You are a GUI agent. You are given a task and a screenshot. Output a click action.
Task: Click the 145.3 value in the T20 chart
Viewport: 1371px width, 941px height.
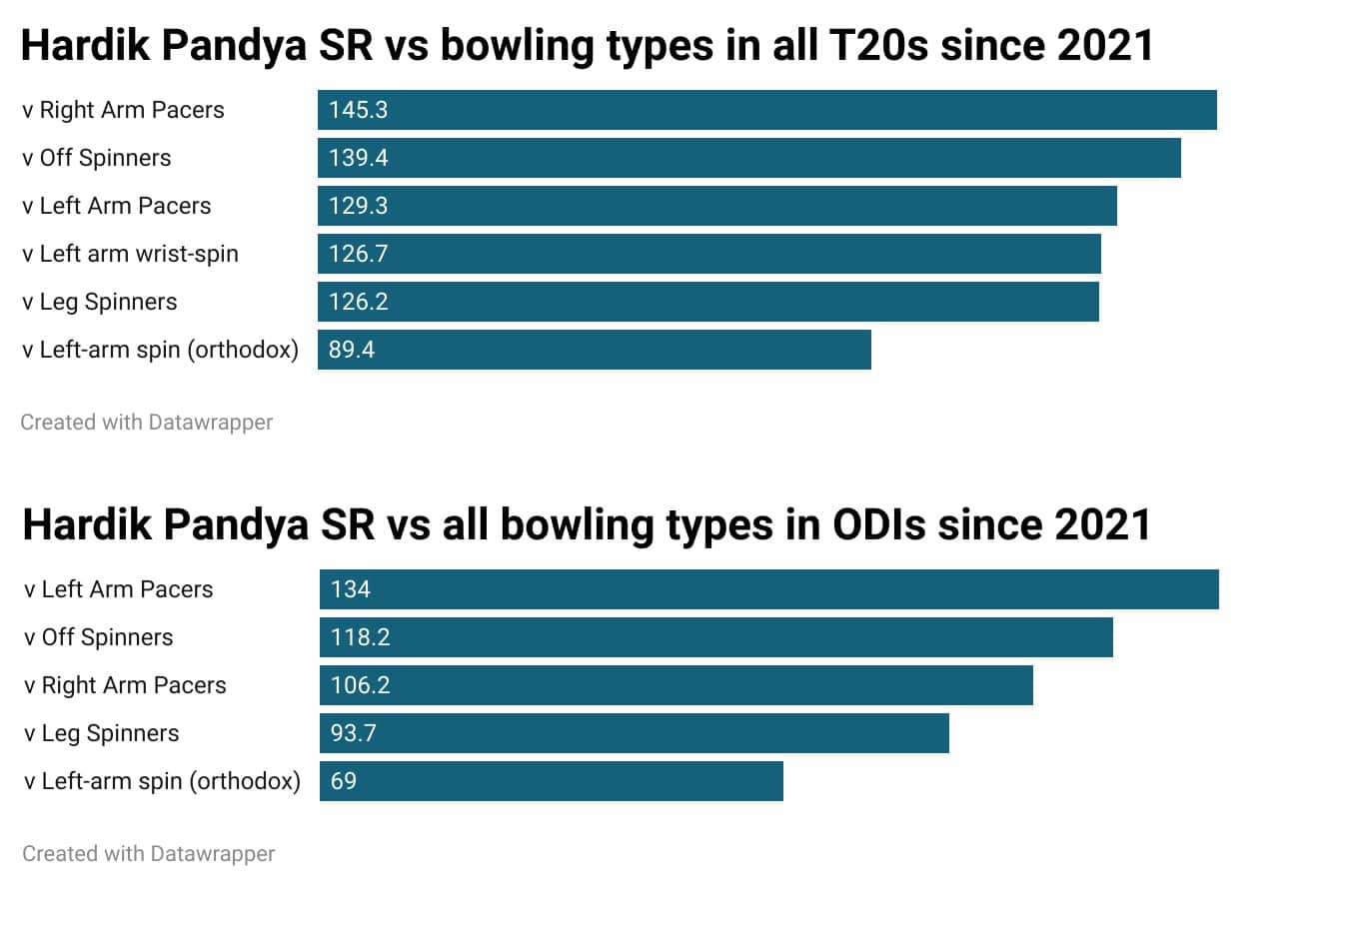[x=358, y=110]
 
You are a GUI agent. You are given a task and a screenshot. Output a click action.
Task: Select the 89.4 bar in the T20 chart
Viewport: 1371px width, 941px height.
[x=594, y=350]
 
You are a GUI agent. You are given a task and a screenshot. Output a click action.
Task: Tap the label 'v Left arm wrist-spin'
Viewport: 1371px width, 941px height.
[x=130, y=254]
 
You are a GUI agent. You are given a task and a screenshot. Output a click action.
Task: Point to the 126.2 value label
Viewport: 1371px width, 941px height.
[x=358, y=302]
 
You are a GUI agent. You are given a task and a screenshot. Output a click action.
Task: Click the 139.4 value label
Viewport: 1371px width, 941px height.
[x=358, y=158]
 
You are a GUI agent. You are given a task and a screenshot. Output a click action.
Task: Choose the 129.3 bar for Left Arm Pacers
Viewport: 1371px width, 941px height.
[x=716, y=206]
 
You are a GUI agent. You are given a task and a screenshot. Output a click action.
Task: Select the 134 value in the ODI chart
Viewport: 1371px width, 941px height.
[x=350, y=589]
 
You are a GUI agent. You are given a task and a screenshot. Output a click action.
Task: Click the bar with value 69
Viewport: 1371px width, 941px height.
[x=551, y=781]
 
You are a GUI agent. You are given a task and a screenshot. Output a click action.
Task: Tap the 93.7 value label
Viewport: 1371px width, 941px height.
[x=353, y=733]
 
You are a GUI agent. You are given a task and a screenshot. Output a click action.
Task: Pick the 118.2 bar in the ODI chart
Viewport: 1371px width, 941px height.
[x=715, y=637]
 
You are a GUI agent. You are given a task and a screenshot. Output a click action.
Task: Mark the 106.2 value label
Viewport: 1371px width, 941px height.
[x=360, y=685]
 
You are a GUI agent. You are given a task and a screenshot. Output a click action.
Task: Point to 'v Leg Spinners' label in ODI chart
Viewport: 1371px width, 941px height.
[x=101, y=733]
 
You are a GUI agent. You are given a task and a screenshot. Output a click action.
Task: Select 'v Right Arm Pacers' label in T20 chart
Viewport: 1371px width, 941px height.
[x=123, y=110]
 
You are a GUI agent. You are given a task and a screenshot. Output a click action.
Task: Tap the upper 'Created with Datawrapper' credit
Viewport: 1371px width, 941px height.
[x=146, y=423]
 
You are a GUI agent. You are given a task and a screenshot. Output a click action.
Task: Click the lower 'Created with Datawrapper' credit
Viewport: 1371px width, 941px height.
[x=148, y=854]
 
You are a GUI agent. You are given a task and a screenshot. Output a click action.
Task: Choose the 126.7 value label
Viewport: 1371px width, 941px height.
[x=358, y=254]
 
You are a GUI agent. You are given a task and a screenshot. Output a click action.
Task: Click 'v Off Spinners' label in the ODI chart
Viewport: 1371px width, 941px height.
[x=98, y=637]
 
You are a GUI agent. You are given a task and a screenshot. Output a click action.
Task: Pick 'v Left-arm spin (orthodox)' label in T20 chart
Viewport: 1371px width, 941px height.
[x=160, y=350]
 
